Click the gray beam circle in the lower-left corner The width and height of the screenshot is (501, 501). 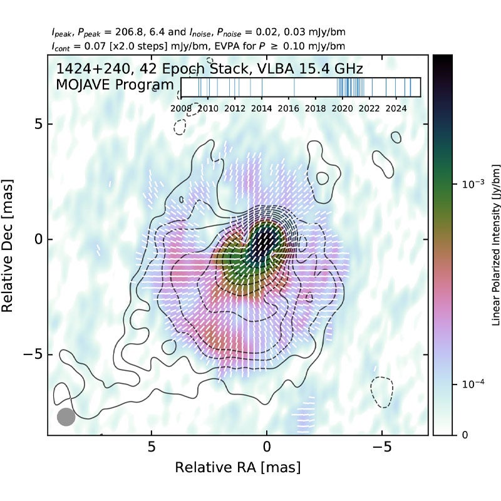66,417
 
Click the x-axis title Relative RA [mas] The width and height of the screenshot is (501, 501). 237,467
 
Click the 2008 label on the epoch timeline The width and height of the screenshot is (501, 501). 181,108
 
